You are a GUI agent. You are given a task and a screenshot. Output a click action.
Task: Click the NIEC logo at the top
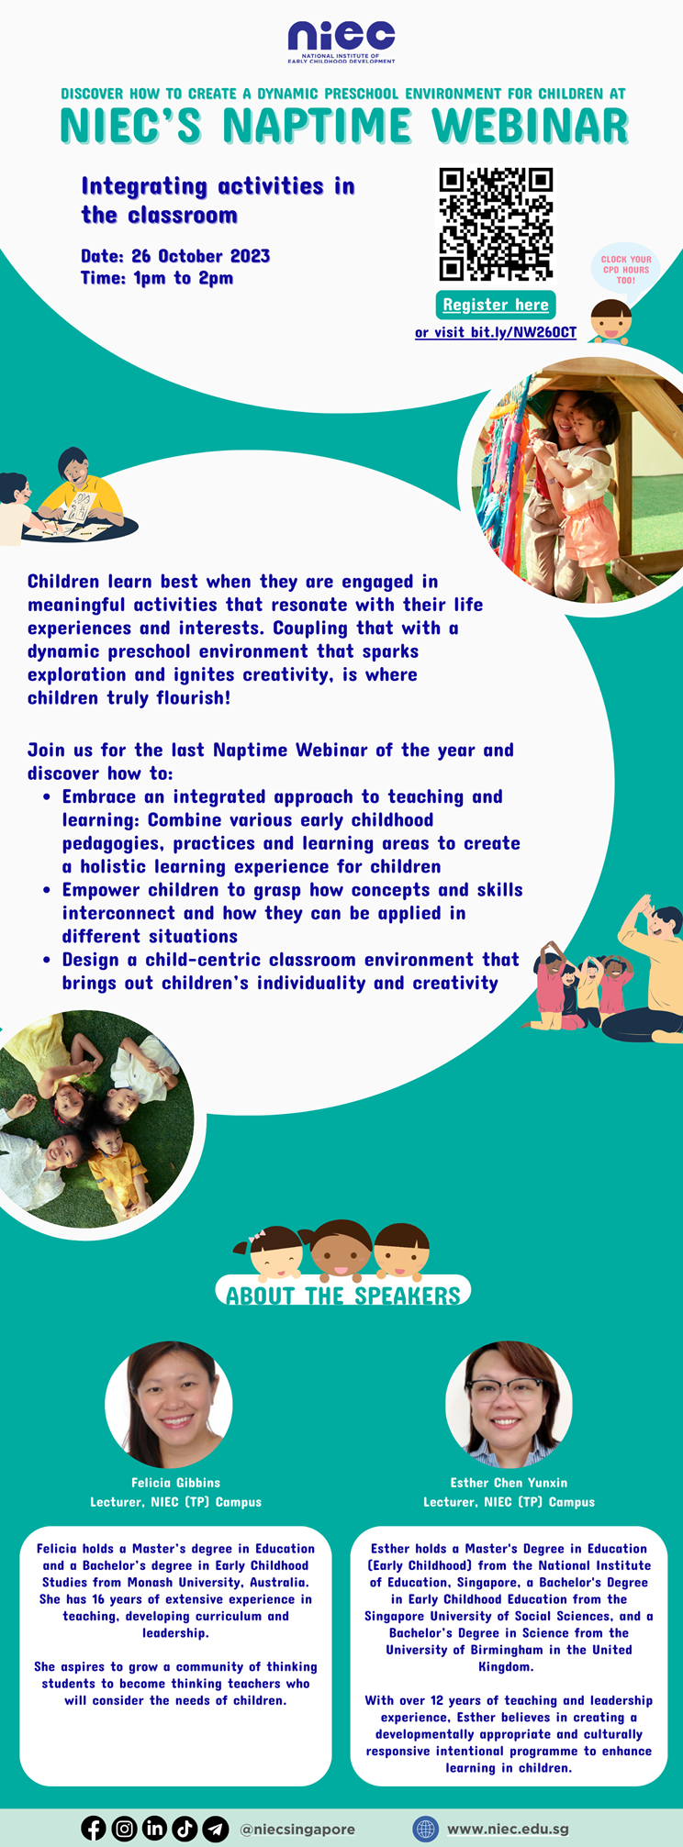tap(341, 41)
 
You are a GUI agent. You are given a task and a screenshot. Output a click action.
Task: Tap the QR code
tap(496, 223)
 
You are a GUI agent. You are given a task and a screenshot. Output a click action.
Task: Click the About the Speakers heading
tap(343, 1295)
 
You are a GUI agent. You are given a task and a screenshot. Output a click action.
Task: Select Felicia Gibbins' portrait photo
tap(169, 1405)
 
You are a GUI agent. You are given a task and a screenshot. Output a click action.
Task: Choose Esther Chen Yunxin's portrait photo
tap(509, 1405)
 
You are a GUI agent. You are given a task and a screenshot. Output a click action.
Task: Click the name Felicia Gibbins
tap(175, 1482)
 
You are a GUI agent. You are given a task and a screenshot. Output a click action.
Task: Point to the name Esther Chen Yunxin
tap(509, 1482)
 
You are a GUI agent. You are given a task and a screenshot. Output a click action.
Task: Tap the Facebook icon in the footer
tap(94, 1828)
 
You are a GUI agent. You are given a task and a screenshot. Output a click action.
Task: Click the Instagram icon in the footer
tap(124, 1828)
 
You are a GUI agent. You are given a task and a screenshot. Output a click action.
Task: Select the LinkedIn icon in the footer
tap(154, 1828)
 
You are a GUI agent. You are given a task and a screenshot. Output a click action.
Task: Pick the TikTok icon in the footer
tap(185, 1828)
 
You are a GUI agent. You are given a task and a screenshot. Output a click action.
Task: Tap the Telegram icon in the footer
tap(215, 1828)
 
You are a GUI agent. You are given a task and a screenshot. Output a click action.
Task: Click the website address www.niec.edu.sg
tap(508, 1829)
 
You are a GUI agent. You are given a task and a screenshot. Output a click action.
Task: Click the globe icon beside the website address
tap(425, 1829)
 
